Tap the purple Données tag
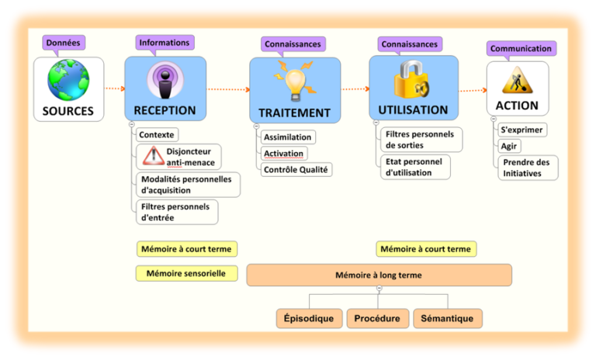click(x=63, y=43)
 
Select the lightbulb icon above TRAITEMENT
click(x=294, y=81)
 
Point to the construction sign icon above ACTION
click(x=517, y=79)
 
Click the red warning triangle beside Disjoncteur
click(x=149, y=157)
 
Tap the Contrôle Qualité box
click(x=296, y=169)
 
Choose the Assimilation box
click(x=287, y=137)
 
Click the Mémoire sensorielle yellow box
click(x=186, y=273)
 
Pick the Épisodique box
click(x=309, y=318)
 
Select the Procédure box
click(x=377, y=318)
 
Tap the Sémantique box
click(x=448, y=318)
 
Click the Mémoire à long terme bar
click(x=379, y=275)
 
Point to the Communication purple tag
click(x=521, y=48)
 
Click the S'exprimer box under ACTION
click(x=521, y=130)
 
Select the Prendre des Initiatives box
click(x=527, y=168)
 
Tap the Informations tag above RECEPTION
click(x=165, y=43)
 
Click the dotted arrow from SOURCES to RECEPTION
click(x=114, y=88)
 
